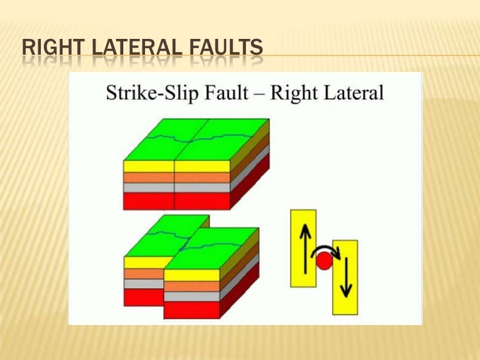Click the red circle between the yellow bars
[x=323, y=261]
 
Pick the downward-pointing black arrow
[x=345, y=274]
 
